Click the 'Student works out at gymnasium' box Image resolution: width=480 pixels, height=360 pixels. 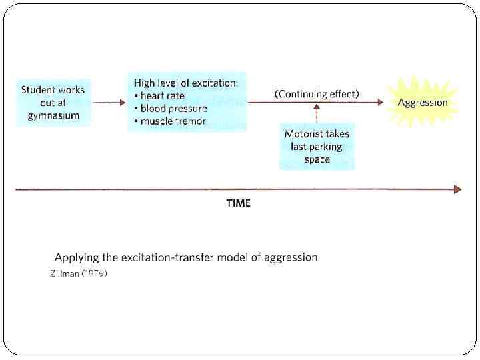click(x=53, y=103)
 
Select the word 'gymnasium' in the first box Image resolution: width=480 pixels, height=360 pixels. click(x=53, y=115)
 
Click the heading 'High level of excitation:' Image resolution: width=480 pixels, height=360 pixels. click(x=186, y=83)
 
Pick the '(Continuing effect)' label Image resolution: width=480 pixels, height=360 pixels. click(x=317, y=94)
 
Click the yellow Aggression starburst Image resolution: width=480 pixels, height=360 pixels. click(x=423, y=103)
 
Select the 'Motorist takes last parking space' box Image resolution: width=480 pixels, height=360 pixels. click(x=317, y=147)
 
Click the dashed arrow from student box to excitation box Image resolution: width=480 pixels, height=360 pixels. click(x=109, y=103)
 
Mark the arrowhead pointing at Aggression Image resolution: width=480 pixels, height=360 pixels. click(x=379, y=103)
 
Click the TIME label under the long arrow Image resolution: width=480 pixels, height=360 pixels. click(x=238, y=203)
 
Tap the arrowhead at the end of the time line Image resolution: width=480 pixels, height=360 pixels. click(x=457, y=189)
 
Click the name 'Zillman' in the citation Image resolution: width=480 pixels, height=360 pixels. click(x=64, y=274)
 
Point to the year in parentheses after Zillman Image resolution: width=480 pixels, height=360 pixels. click(x=94, y=274)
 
